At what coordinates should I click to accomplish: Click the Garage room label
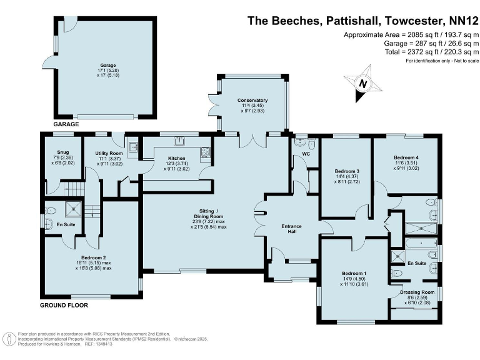tap(108, 65)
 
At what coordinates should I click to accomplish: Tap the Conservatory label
tap(252, 100)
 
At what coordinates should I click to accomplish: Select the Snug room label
tap(63, 152)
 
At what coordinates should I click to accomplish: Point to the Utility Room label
tap(109, 153)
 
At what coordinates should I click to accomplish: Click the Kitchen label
tap(177, 158)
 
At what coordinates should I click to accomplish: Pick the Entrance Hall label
tap(291, 229)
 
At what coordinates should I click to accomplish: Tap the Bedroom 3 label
tap(347, 171)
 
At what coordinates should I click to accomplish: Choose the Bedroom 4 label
tap(406, 157)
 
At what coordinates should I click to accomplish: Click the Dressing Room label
tap(417, 292)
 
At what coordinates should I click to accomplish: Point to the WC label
tap(306, 154)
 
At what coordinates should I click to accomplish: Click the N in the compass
tap(362, 83)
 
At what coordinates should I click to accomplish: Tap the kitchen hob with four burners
tap(206, 152)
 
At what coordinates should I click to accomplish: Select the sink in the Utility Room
tap(133, 147)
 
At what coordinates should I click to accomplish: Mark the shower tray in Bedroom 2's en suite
tap(74, 209)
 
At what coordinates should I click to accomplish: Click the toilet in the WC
tap(312, 144)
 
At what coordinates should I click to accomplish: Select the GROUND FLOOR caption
tap(64, 305)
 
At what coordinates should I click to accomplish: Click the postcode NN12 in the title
tap(464, 21)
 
